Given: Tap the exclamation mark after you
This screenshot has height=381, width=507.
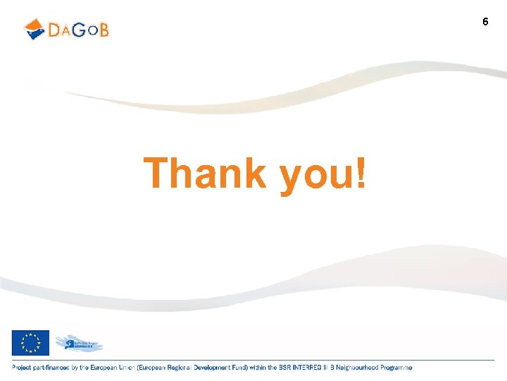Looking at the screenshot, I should [361, 173].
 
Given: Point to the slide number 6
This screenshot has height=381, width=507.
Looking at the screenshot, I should [485, 22].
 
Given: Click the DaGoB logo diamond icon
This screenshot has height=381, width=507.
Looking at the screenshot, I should [35, 29].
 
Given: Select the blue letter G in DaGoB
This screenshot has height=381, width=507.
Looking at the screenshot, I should [79, 30].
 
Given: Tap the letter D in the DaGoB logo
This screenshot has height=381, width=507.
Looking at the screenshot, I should [56, 30].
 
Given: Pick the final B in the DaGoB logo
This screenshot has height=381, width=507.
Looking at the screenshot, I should [104, 30].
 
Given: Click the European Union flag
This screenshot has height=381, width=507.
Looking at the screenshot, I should [30, 343].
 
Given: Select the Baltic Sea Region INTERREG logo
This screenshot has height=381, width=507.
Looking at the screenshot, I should [79, 344].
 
